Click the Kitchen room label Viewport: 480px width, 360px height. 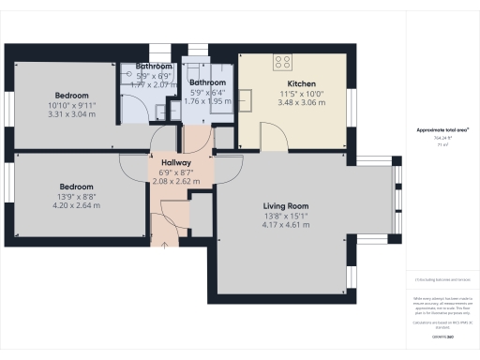coord(294,82)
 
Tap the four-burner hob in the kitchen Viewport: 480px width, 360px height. coord(282,63)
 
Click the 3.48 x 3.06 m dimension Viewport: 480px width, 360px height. coord(294,102)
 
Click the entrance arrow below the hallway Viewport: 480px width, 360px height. coord(167,245)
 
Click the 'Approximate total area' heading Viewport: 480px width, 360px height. coord(442,130)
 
